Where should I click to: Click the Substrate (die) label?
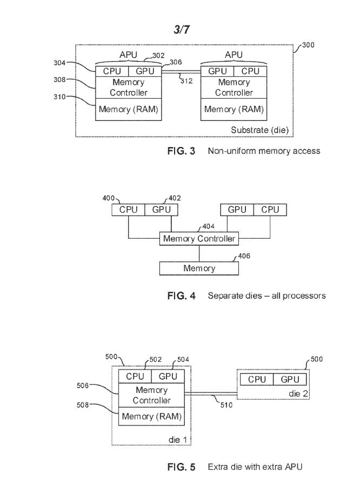(x=259, y=130)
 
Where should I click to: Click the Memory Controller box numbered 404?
(x=199, y=238)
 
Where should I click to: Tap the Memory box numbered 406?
(x=199, y=268)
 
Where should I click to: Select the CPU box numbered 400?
(x=129, y=210)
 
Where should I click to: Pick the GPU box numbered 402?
(x=161, y=210)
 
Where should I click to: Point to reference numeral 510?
(x=227, y=404)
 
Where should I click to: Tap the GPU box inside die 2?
(x=290, y=380)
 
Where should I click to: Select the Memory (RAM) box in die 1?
(x=151, y=417)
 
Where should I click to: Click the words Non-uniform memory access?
(x=264, y=151)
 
